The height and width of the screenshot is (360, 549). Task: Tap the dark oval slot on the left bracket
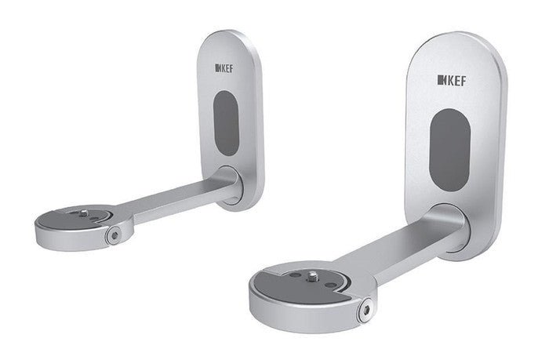(x=226, y=122)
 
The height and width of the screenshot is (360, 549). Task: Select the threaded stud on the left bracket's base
(x=82, y=212)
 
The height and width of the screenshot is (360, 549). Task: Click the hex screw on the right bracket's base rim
(x=364, y=311)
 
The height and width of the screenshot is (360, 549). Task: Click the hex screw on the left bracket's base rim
(x=115, y=233)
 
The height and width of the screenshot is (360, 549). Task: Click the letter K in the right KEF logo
(x=443, y=81)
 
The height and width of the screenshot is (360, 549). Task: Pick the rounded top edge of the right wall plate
(x=455, y=35)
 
